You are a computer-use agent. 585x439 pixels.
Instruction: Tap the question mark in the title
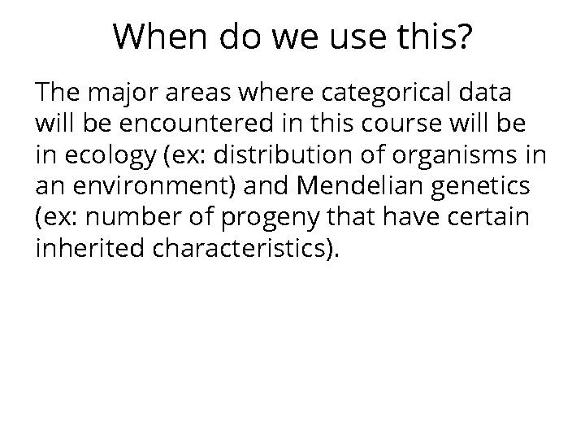coord(461,36)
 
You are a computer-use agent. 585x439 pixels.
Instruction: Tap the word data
coord(486,93)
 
